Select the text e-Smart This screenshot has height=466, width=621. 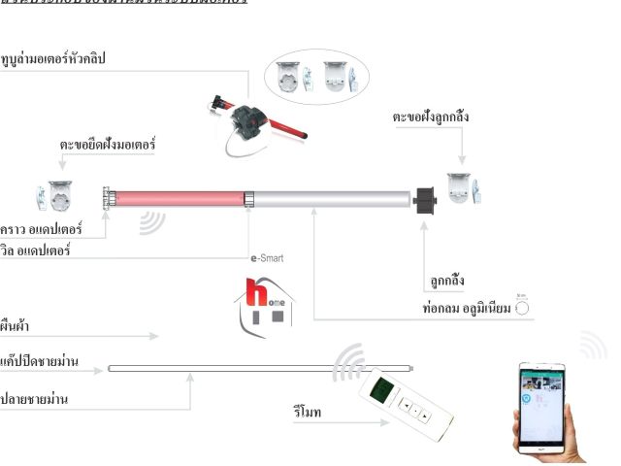[x=267, y=258]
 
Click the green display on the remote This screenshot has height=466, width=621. [x=380, y=392]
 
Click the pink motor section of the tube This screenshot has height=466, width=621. [x=180, y=199]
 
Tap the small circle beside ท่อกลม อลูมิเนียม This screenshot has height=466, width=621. [x=522, y=307]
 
